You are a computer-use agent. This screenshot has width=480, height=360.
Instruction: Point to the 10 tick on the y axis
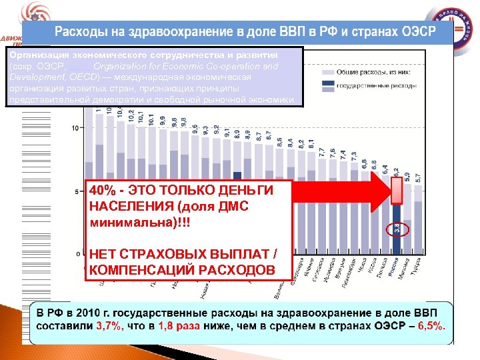pyautogui.click(x=77, y=127)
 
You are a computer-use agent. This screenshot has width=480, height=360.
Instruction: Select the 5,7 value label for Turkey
pyautogui.click(x=418, y=179)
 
